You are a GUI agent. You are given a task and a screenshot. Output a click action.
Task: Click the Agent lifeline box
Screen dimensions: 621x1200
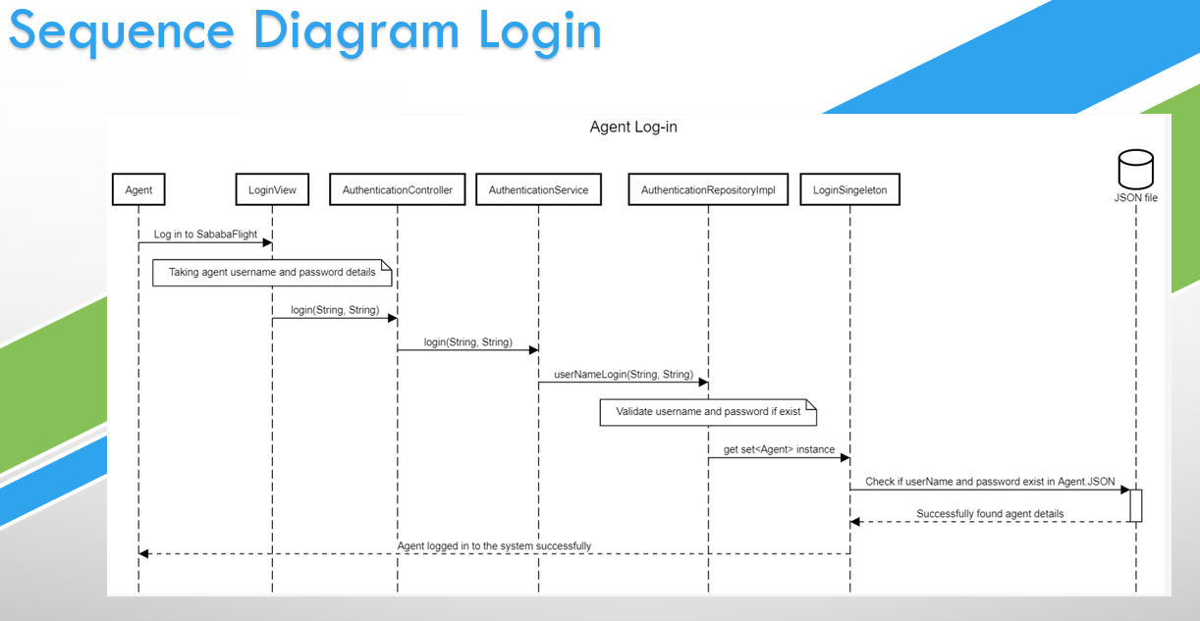pos(138,190)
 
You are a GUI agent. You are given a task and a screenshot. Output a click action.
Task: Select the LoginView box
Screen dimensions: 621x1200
pos(272,190)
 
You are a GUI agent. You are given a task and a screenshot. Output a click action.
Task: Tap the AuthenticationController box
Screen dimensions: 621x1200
pos(398,190)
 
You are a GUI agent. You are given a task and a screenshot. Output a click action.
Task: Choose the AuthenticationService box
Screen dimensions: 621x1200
pos(538,190)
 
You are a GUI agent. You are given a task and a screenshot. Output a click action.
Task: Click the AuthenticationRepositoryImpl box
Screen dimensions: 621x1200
pos(708,190)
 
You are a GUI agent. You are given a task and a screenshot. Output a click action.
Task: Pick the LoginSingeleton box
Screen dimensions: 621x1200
pos(849,190)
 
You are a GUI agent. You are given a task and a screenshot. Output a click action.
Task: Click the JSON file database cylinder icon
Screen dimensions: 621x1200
pos(1135,169)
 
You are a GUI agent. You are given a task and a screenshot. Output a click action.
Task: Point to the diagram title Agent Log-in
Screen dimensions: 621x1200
pos(632,128)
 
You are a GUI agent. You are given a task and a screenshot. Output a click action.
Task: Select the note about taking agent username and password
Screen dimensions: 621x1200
pos(272,272)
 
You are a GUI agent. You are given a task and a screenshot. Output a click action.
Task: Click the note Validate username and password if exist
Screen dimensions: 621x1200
pos(708,412)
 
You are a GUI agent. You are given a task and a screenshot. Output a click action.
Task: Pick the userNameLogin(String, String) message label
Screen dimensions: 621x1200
pos(624,374)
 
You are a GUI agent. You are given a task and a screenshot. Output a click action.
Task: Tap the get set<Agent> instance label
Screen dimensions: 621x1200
pos(779,449)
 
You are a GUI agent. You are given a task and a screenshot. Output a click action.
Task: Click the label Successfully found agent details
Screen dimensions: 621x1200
pos(990,513)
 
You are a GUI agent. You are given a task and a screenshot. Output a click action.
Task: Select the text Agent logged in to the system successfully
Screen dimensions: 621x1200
pos(494,545)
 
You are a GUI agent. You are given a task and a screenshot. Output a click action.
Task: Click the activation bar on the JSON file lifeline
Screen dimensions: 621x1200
pos(1135,505)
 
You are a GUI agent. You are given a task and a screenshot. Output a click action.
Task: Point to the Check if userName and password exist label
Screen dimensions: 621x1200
pos(990,482)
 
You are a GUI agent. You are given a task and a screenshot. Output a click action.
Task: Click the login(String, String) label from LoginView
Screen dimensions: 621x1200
pos(335,310)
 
